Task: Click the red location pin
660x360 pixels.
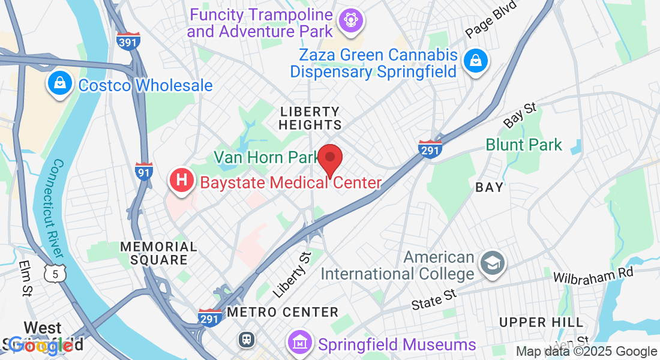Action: [329, 158]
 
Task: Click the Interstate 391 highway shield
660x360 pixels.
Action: [129, 40]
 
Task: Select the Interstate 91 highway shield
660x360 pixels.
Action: [143, 171]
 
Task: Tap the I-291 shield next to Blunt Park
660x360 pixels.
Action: [430, 148]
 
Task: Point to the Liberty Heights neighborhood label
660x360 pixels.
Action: [310, 118]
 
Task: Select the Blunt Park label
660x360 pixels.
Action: [524, 145]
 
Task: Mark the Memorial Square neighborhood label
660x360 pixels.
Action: [158, 253]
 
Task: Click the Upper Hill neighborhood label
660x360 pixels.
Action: [532, 322]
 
